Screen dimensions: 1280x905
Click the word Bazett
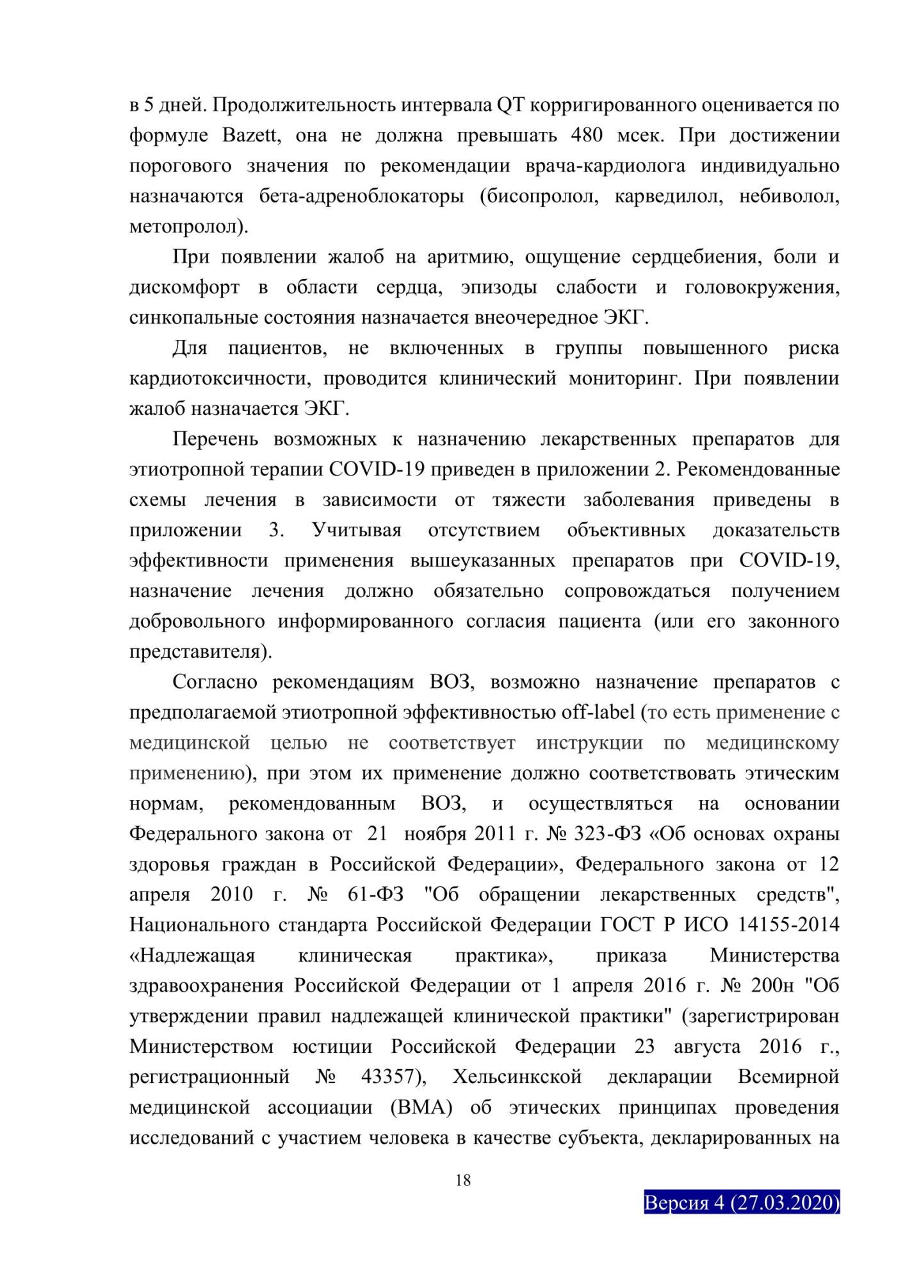pyautogui.click(x=250, y=136)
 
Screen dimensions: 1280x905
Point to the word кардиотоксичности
pyautogui.click(x=220, y=379)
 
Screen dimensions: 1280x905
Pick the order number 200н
pyautogui.click(x=773, y=986)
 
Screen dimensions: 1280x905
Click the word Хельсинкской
pyautogui.click(x=517, y=1077)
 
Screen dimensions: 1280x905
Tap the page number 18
pyautogui.click(x=463, y=1181)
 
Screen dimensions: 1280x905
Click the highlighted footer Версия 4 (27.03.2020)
pyautogui.click(x=742, y=1203)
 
